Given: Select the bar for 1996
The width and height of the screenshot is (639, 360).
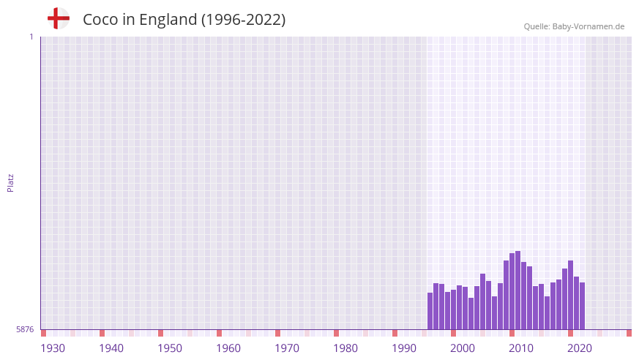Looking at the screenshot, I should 430,311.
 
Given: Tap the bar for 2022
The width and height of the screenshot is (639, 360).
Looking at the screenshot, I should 583,306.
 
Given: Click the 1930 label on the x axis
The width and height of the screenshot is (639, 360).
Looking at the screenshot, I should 53,348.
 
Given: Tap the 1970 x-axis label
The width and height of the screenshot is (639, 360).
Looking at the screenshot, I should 287,348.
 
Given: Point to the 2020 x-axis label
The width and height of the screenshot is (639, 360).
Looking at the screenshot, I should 580,348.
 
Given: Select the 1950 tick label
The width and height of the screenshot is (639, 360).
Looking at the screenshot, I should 170,348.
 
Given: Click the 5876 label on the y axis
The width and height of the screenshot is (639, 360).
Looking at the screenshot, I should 25,330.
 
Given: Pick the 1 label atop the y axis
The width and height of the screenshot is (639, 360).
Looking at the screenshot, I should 31,37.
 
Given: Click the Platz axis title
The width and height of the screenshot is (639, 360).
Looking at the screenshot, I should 11,183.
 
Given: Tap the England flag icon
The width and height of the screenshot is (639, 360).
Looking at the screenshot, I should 59,18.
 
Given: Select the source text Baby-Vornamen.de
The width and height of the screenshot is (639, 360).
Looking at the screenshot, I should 588,26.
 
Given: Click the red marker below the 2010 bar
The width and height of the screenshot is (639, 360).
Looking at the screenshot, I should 512,334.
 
